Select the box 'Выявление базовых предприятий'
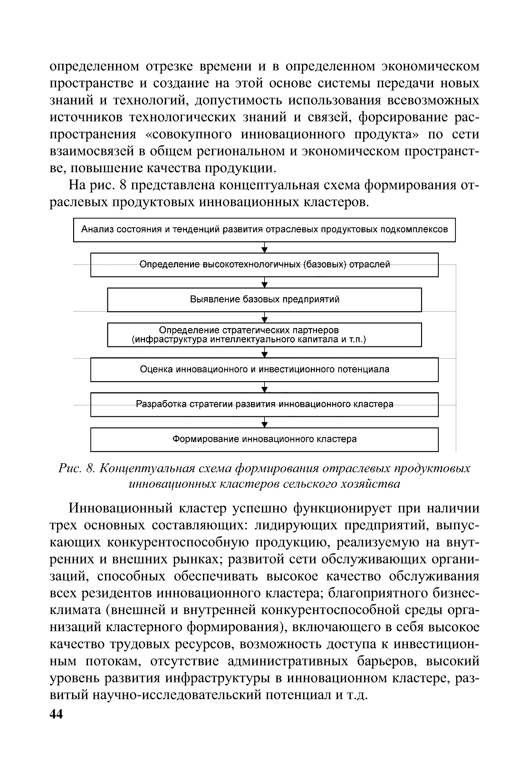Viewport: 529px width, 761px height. [x=264, y=300]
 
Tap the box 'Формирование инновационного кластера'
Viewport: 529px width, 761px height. [x=264, y=439]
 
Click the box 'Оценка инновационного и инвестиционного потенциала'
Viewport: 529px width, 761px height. [x=264, y=370]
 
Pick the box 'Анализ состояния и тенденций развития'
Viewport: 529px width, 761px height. [x=264, y=230]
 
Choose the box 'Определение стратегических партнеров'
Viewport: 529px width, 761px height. [x=264, y=335]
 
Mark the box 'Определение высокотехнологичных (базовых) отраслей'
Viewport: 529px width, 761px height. [x=264, y=265]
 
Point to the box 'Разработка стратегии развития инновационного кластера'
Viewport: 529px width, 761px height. [x=264, y=404]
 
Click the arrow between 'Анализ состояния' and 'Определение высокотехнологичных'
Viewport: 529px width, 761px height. [x=264, y=247]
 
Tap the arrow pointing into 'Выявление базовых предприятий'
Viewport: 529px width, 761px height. [x=264, y=282]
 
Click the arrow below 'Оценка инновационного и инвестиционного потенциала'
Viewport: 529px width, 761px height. [x=264, y=387]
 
